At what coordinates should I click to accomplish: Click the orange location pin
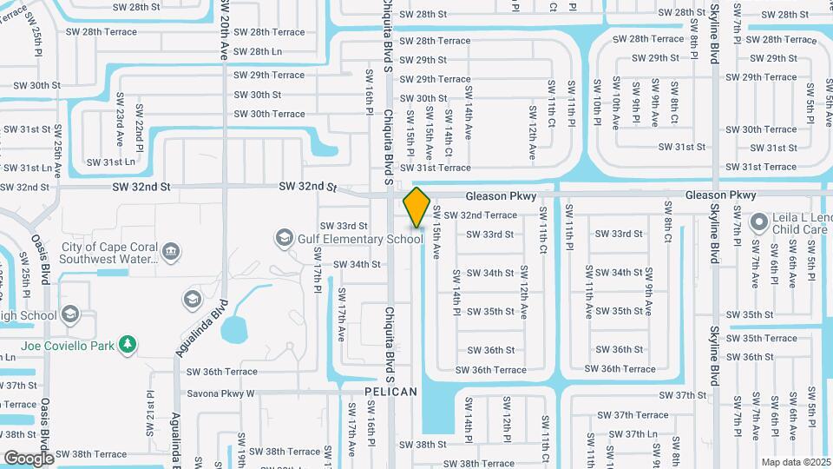pos(417,207)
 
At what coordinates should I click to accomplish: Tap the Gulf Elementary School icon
pos(283,237)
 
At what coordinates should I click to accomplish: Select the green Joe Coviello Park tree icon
pos(128,345)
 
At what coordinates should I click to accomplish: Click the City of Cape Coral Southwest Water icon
pos(172,252)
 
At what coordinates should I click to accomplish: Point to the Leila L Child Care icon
pos(759,222)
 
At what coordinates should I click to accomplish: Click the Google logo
pos(29,458)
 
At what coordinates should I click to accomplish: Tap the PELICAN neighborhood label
pos(390,392)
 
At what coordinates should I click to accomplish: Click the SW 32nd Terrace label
pos(481,215)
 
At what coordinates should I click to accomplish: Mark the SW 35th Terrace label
pos(762,338)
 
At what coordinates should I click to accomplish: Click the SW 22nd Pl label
pos(138,128)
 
